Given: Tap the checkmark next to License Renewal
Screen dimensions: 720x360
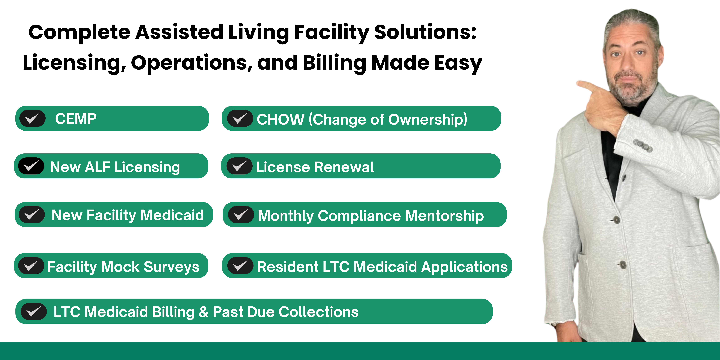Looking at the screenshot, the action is [x=240, y=166].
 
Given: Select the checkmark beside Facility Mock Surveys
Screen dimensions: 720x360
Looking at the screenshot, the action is [x=31, y=266].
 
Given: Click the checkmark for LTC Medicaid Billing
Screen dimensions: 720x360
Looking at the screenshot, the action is [x=34, y=311].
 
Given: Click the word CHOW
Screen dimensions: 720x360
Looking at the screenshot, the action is [x=280, y=119].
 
